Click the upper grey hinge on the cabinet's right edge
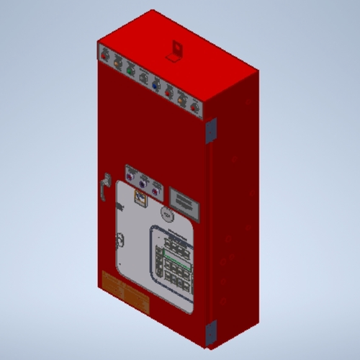tap(211, 130)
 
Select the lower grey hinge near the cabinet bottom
tap(210, 332)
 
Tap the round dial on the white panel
tap(165, 213)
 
